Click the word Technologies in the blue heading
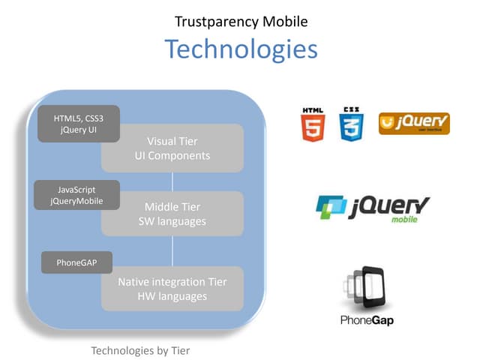click(241, 49)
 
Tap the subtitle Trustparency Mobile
click(241, 22)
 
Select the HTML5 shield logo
click(313, 124)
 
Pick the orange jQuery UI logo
click(414, 124)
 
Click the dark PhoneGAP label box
click(76, 262)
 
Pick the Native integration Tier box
click(172, 289)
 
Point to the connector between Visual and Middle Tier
click(172, 181)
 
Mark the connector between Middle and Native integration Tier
click(172, 251)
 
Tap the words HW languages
click(172, 296)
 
